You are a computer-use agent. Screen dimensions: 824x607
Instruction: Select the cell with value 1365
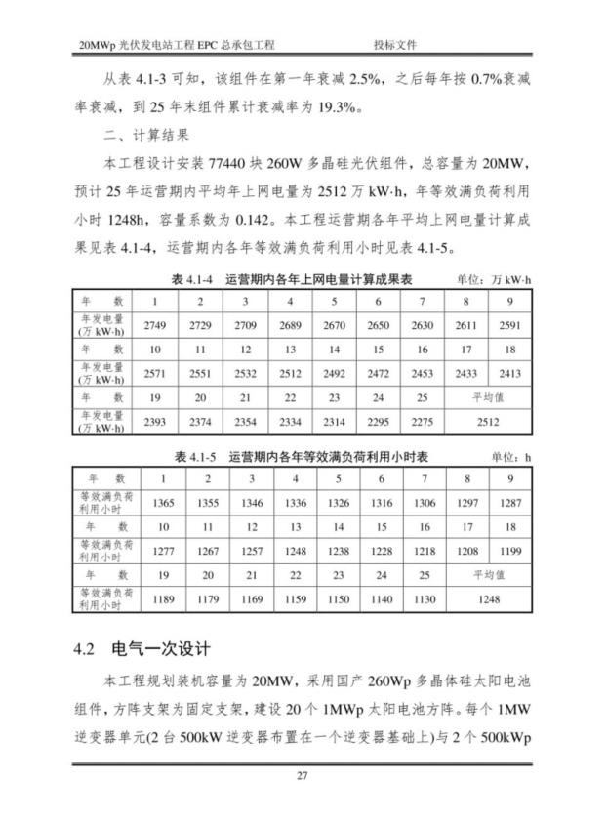(163, 502)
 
